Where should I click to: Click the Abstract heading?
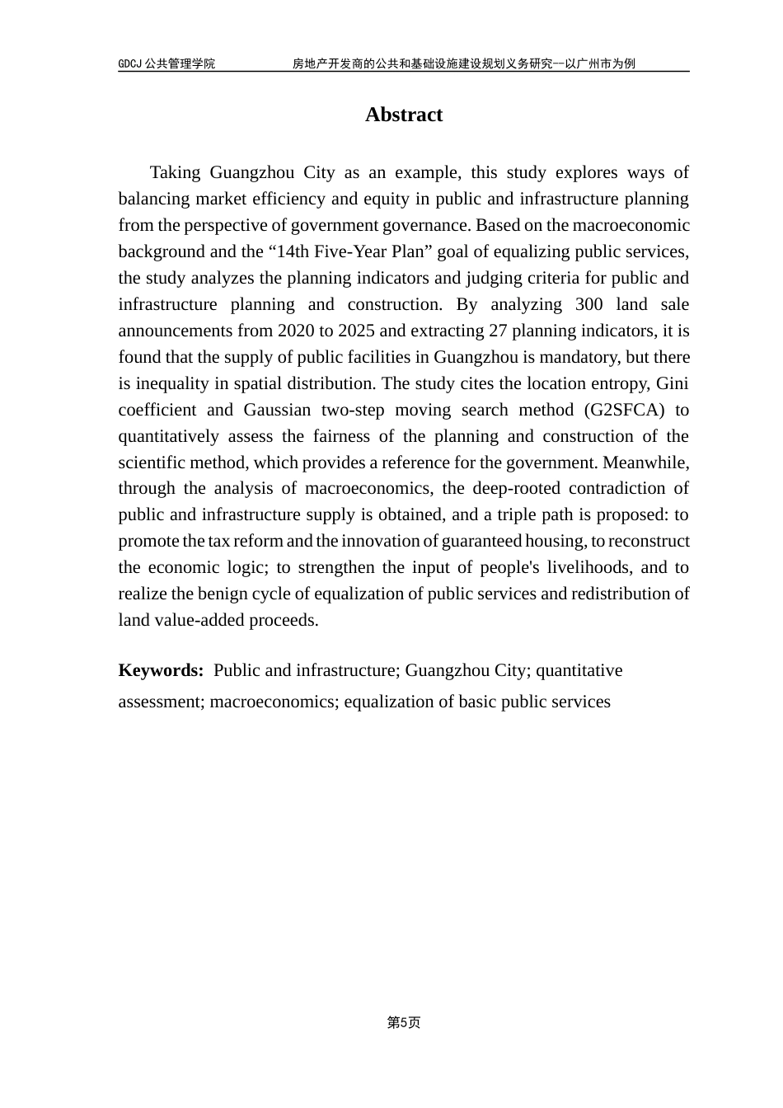point(404,115)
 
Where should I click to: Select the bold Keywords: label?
point(161,670)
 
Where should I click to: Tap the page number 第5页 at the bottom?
point(404,1022)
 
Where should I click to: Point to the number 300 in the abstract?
point(588,304)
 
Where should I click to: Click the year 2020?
point(295,331)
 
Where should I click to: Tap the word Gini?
point(672,383)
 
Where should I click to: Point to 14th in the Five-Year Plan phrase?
point(291,251)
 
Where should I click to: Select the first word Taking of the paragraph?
point(175,172)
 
